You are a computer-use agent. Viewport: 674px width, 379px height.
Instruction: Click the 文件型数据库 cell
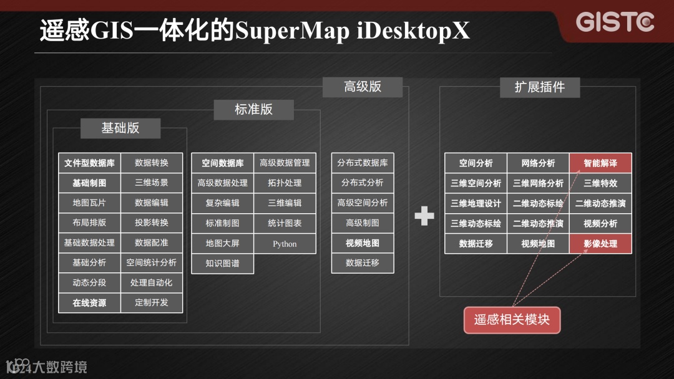coord(89,163)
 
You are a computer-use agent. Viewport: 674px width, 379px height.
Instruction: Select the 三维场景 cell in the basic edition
coord(152,183)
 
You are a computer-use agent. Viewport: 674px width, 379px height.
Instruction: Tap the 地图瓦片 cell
coord(89,203)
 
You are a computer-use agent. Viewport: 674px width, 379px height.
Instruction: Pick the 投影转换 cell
coord(152,223)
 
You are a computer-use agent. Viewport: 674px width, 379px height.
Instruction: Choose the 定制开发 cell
coord(152,303)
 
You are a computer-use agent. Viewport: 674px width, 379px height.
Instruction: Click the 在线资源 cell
coord(89,303)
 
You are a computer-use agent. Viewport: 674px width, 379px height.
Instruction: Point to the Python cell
coord(285,244)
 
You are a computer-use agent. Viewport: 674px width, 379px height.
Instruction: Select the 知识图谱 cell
coord(222,263)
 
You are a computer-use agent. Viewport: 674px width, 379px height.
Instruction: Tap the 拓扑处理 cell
coord(285,183)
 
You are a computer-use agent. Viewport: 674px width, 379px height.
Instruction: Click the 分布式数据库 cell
coord(363,163)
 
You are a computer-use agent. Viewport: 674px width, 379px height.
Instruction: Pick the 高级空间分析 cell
coord(363,203)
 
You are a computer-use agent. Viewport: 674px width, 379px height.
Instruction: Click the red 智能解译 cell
coord(600,163)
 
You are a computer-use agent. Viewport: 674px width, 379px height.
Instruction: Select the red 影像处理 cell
coord(600,244)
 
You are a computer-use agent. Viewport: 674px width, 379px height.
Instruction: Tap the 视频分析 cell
coord(600,223)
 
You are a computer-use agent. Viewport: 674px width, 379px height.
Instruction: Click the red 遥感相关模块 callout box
coord(512,320)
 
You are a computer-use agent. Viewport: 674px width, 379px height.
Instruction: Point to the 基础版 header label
coord(120,128)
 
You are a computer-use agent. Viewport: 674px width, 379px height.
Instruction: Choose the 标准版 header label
coord(253,110)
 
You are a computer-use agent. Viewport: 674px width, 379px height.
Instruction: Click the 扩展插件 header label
coord(539,87)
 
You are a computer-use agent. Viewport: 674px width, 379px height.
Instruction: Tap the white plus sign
coord(424,216)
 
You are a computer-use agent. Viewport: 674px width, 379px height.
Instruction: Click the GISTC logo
coord(615,22)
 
